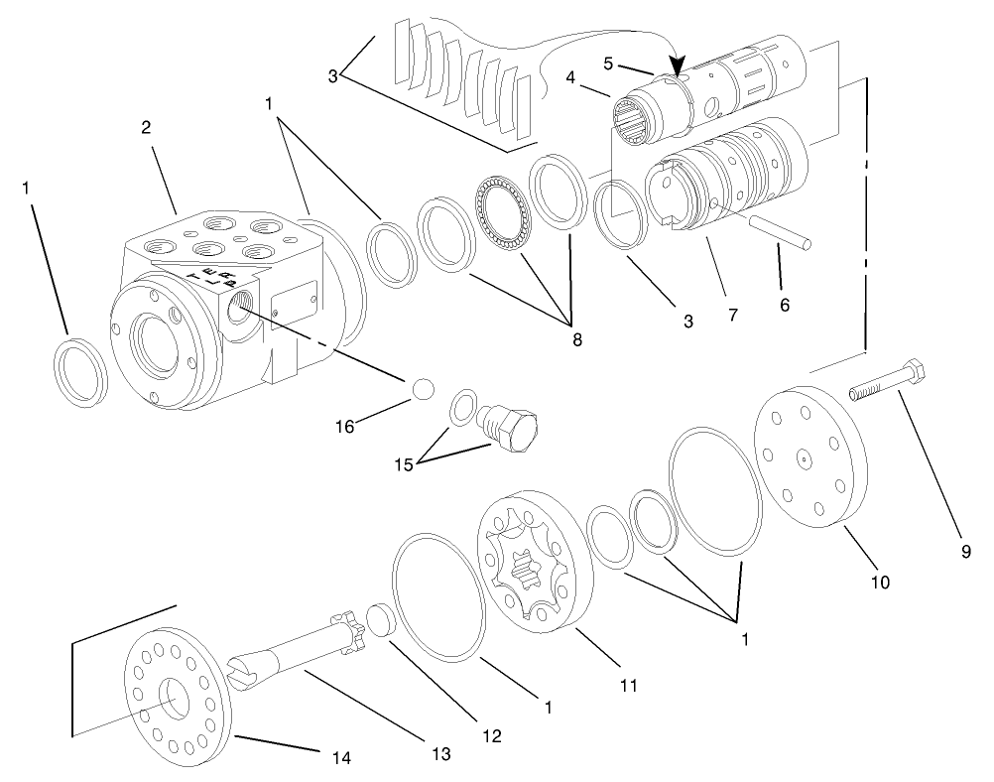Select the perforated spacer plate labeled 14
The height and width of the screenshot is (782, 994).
click(175, 694)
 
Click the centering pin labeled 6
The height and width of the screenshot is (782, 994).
click(780, 236)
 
